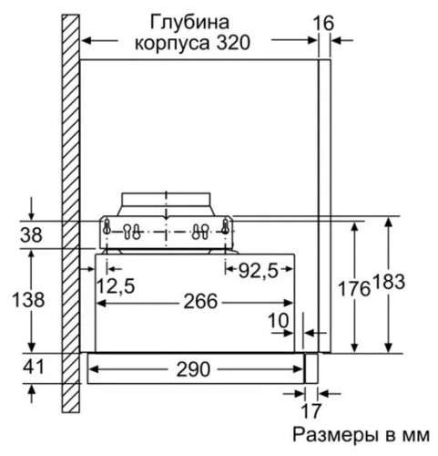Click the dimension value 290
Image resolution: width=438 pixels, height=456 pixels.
point(194,370)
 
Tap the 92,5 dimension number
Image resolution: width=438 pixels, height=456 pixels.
point(259,270)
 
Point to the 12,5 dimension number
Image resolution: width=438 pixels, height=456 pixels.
point(116,286)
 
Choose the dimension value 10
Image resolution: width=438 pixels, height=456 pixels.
point(279,320)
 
